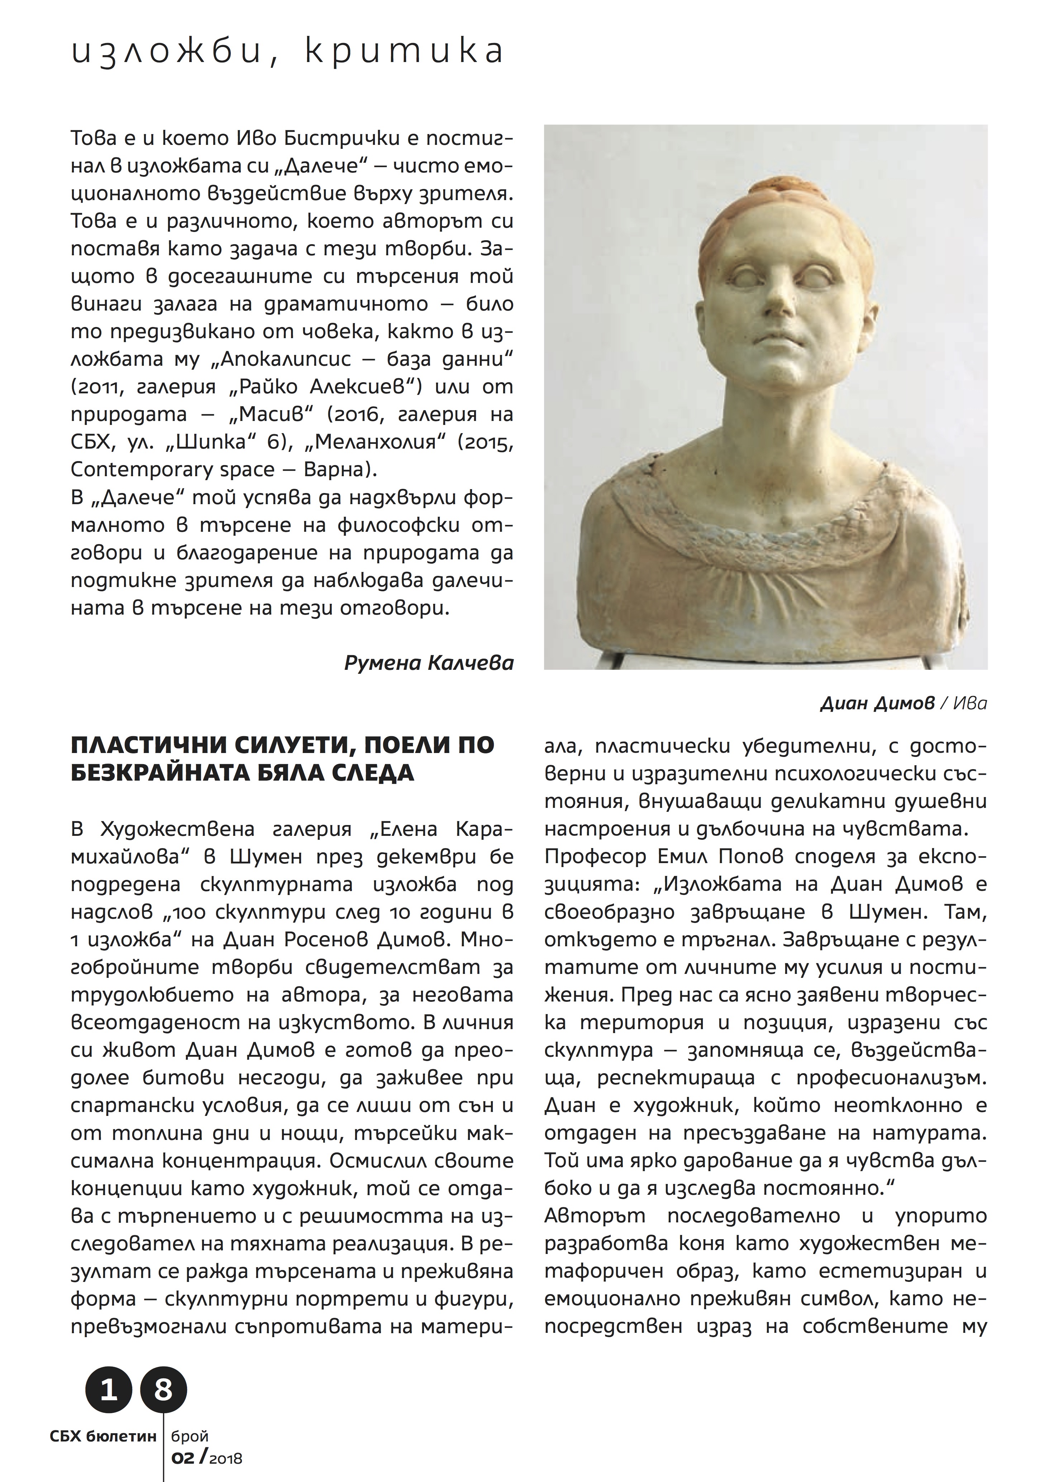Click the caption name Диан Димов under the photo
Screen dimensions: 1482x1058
(x=876, y=703)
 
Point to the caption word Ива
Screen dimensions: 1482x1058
(x=970, y=703)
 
